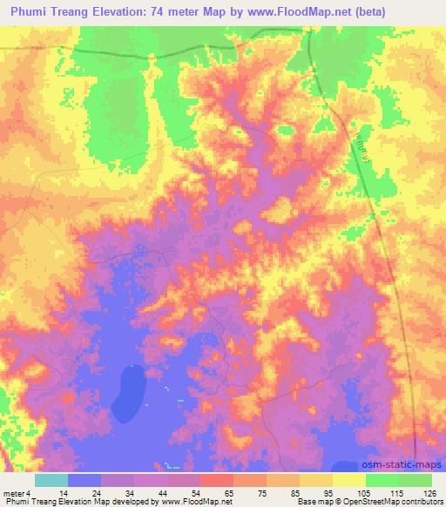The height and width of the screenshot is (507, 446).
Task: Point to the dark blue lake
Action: [132, 382]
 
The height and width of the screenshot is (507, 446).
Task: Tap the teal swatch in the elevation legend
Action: [51, 480]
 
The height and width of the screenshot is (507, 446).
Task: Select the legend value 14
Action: [64, 493]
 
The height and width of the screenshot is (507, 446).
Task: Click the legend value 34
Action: [130, 493]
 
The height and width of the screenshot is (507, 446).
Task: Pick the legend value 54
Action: [196, 493]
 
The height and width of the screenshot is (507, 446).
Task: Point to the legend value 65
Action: [229, 493]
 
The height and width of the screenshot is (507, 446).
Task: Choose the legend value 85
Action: [295, 493]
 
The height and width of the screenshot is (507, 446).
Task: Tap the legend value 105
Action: [362, 493]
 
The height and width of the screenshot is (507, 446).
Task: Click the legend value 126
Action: [427, 493]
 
